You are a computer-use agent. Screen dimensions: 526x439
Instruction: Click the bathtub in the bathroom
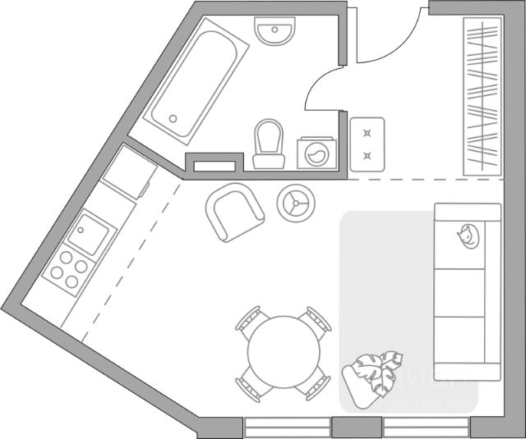pos(197,86)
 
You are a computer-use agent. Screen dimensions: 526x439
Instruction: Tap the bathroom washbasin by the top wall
pos(275,33)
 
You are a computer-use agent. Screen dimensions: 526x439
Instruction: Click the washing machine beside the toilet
pos(316,153)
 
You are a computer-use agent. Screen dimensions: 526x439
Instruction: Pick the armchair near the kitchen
pos(233,212)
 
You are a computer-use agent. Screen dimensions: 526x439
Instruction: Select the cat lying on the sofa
pos(467,236)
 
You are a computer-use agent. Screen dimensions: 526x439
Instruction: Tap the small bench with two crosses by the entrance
pos(367,144)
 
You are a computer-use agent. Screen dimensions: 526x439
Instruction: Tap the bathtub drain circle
pos(173,117)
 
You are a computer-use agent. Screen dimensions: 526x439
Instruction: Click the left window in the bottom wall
pos(288,428)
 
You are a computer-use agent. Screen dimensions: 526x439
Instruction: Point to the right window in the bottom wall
pos(427,428)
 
